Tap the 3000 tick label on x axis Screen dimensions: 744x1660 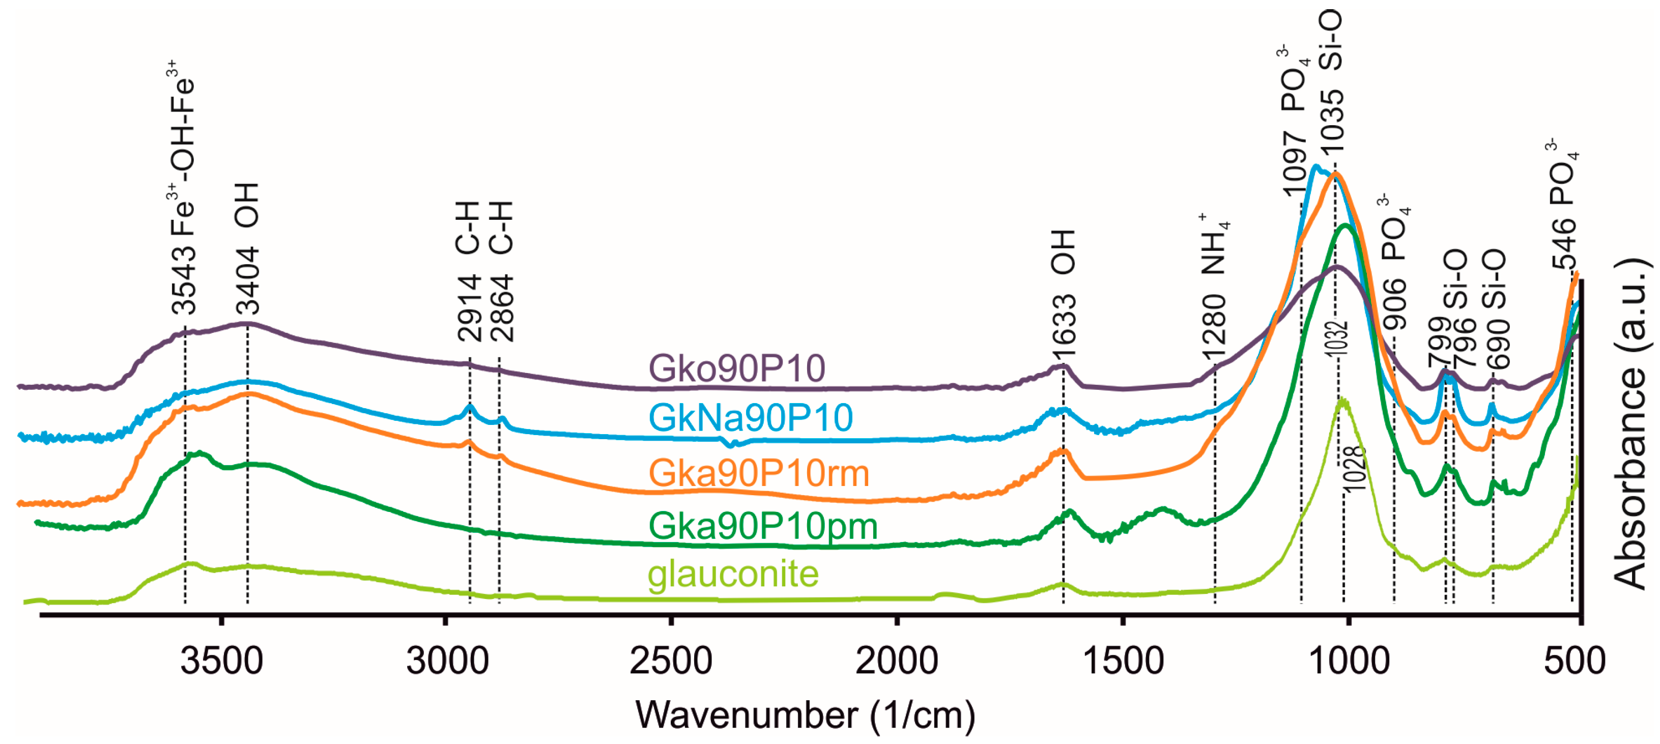pos(447,661)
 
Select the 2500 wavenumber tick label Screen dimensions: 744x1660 pos(671,661)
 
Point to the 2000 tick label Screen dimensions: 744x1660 pos(896,661)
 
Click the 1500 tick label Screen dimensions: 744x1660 pos(1123,661)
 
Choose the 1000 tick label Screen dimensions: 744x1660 pos(1349,661)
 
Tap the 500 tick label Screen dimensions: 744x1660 pos(1575,661)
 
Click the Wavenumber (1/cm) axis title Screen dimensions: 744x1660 pos(805,715)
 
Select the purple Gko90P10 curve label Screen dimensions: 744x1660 pos(736,368)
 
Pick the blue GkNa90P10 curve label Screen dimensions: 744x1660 pos(751,417)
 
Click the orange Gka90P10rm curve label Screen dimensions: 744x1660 pos(758,473)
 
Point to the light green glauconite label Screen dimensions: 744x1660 pos(733,574)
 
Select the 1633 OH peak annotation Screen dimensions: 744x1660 pos(1063,293)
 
